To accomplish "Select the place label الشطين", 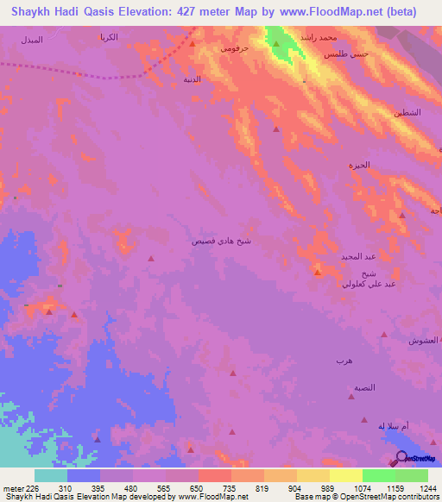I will click(x=408, y=113).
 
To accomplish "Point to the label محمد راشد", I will click(x=313, y=39).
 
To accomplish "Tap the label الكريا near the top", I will click(x=109, y=37).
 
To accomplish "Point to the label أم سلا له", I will click(x=392, y=426).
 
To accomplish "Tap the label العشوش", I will click(x=424, y=342).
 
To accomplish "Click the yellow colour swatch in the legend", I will click(x=345, y=475).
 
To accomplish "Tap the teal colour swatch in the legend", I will click(x=51, y=475).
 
